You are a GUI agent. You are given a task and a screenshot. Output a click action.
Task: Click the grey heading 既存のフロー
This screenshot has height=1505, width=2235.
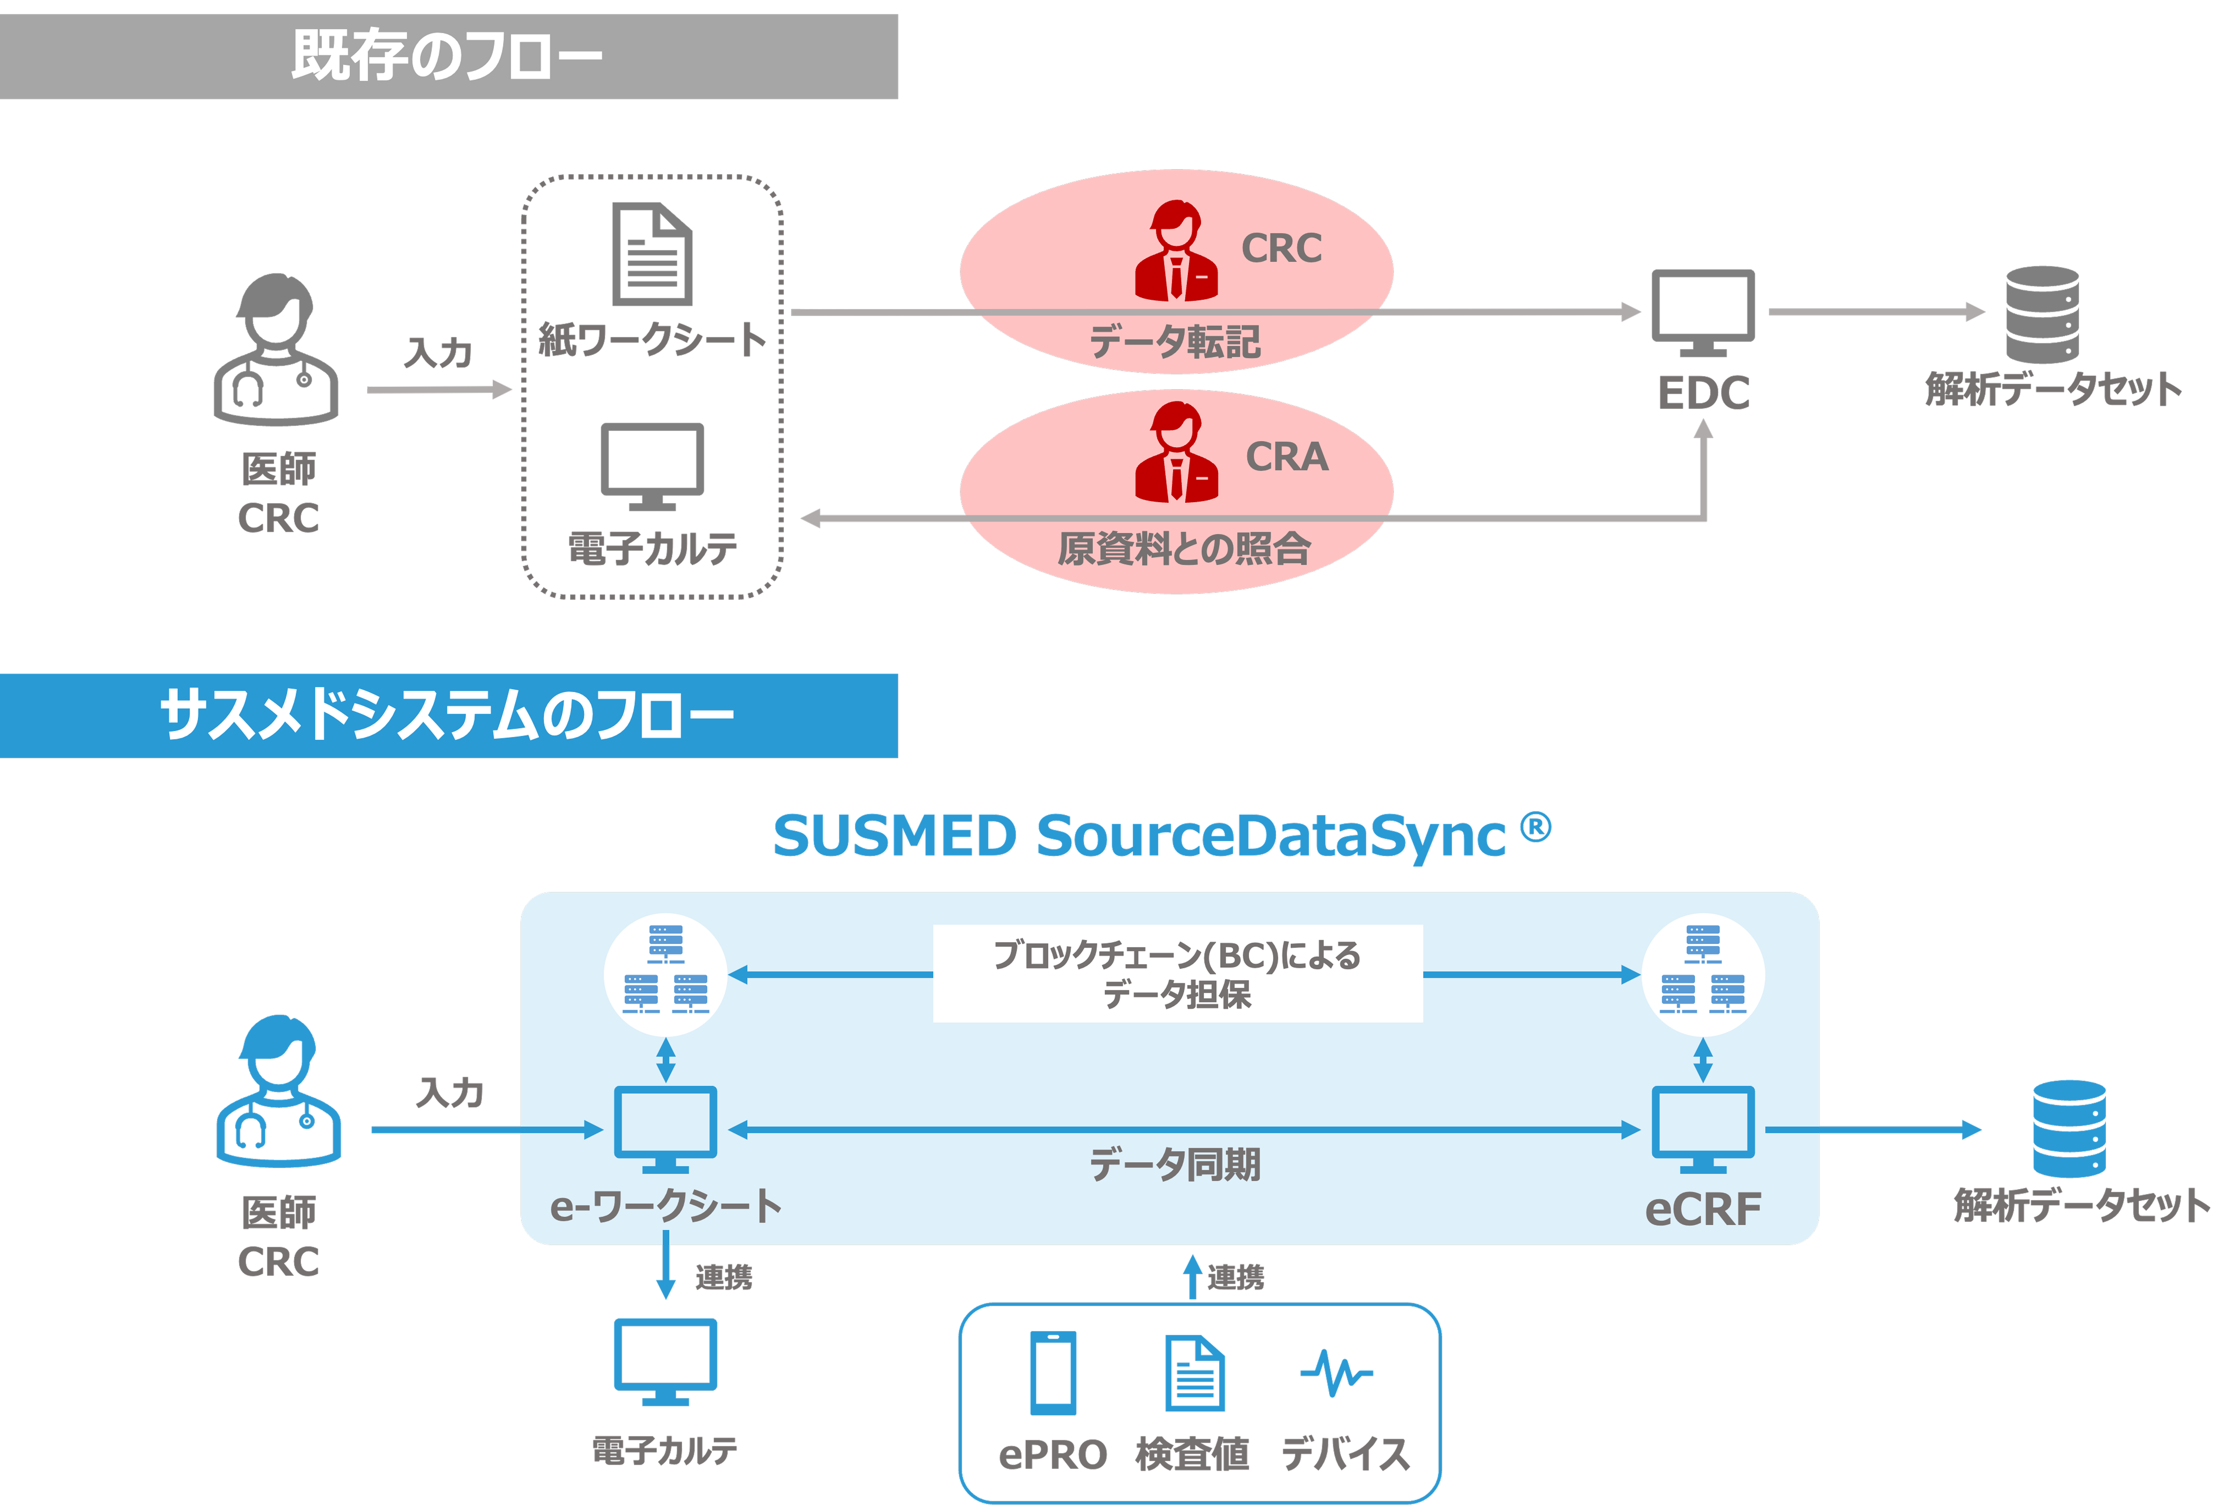coord(447,56)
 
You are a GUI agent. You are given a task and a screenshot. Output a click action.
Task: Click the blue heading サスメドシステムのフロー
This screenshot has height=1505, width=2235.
coord(447,716)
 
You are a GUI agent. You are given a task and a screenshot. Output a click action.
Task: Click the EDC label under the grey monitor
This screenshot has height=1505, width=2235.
coord(1703,392)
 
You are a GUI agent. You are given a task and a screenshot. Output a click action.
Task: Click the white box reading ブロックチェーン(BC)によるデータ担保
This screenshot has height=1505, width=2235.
coord(1177,973)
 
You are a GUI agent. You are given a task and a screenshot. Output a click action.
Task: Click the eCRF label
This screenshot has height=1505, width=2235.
coord(1703,1209)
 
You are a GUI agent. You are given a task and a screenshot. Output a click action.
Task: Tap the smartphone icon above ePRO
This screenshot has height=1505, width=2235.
coord(1053,1372)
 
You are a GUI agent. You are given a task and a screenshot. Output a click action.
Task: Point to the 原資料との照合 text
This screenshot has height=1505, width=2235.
coord(1183,548)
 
